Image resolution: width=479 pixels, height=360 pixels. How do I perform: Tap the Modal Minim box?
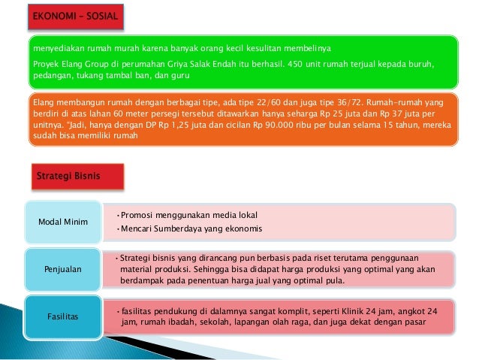[63, 221]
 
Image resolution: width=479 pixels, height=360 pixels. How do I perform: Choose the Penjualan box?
[63, 268]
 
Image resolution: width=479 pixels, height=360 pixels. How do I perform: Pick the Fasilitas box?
[63, 316]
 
